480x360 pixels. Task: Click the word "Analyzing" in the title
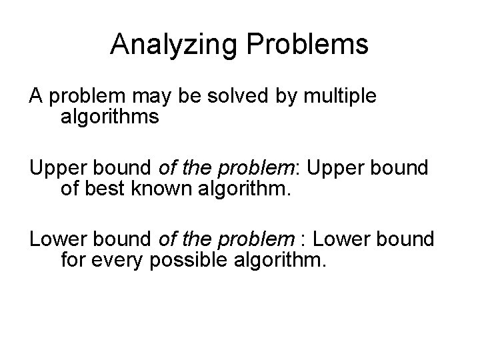(x=173, y=44)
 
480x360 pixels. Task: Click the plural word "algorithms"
(x=109, y=118)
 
